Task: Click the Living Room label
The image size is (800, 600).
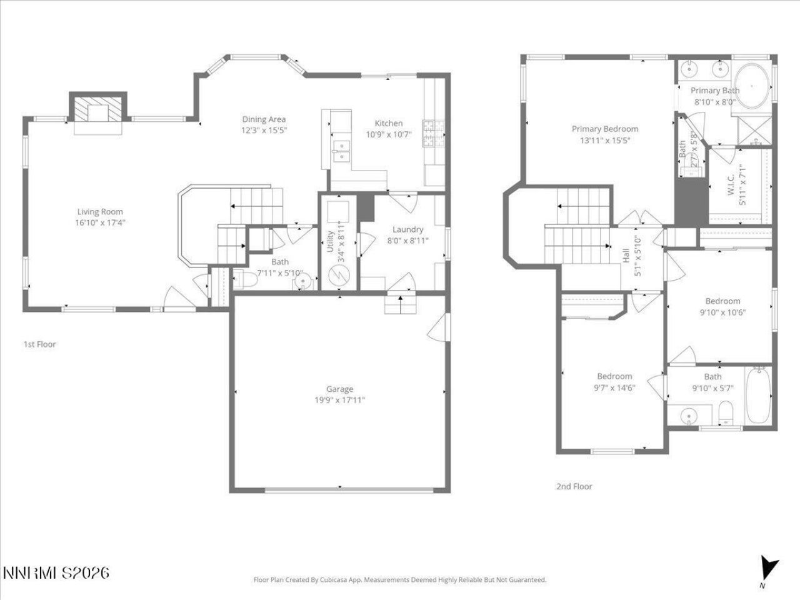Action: pyautogui.click(x=100, y=212)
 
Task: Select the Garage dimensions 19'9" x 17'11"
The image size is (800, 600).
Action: pyautogui.click(x=339, y=400)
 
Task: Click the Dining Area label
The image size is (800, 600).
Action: pyautogui.click(x=264, y=119)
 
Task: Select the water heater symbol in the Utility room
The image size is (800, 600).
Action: pyautogui.click(x=338, y=276)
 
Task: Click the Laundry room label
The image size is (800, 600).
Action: pyautogui.click(x=407, y=229)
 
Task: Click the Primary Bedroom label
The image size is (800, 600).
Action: pyautogui.click(x=605, y=129)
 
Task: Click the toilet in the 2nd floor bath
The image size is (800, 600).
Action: pyautogui.click(x=726, y=413)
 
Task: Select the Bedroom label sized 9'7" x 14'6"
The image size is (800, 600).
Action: pyautogui.click(x=614, y=376)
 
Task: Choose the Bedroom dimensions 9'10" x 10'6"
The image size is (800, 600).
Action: pyautogui.click(x=722, y=312)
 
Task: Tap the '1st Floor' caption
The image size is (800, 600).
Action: pyautogui.click(x=40, y=344)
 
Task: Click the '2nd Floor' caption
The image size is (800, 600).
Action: pyautogui.click(x=574, y=486)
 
